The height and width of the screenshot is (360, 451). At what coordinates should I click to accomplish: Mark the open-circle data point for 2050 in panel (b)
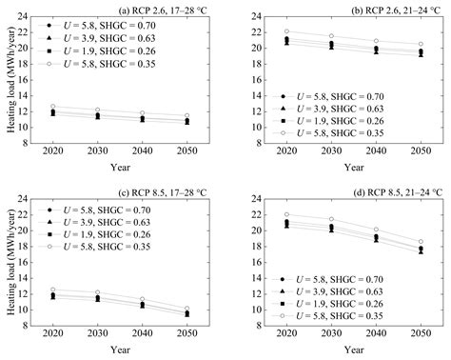421,44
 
